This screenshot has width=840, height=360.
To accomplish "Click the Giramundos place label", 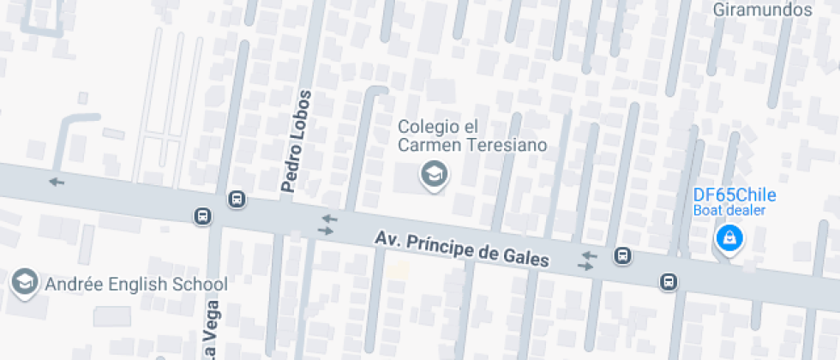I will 763,10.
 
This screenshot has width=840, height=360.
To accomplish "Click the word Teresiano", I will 506,145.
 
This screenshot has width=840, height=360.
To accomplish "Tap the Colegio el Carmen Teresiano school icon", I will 434,176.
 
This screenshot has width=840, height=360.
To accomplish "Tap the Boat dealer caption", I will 729,210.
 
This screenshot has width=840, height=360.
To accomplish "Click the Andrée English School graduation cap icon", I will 25,281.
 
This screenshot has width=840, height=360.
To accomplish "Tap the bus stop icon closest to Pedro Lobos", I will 237,200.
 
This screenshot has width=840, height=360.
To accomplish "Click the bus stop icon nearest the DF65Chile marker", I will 667,281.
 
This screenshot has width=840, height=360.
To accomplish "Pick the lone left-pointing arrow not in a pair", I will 57,181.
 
